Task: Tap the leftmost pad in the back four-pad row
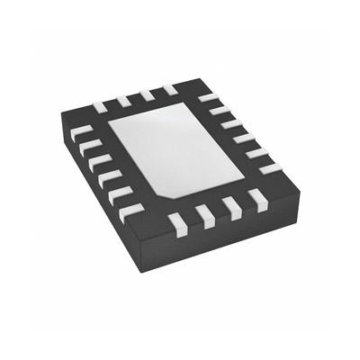99,105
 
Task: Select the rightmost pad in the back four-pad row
168,88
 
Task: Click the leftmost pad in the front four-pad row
177,220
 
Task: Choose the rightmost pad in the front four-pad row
260,199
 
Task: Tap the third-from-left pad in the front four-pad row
234,206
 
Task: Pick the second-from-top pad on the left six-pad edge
86,144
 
